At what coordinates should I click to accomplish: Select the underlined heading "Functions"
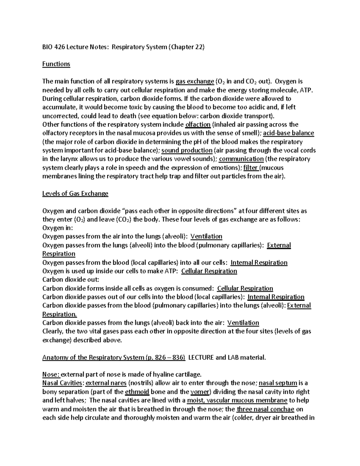(56, 64)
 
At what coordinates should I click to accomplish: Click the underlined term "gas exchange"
(195, 81)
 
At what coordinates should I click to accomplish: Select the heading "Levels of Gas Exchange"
(75, 194)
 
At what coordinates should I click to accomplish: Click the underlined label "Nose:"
(51, 374)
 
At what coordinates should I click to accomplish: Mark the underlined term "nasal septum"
(278, 383)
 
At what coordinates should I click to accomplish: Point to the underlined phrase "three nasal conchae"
(265, 409)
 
